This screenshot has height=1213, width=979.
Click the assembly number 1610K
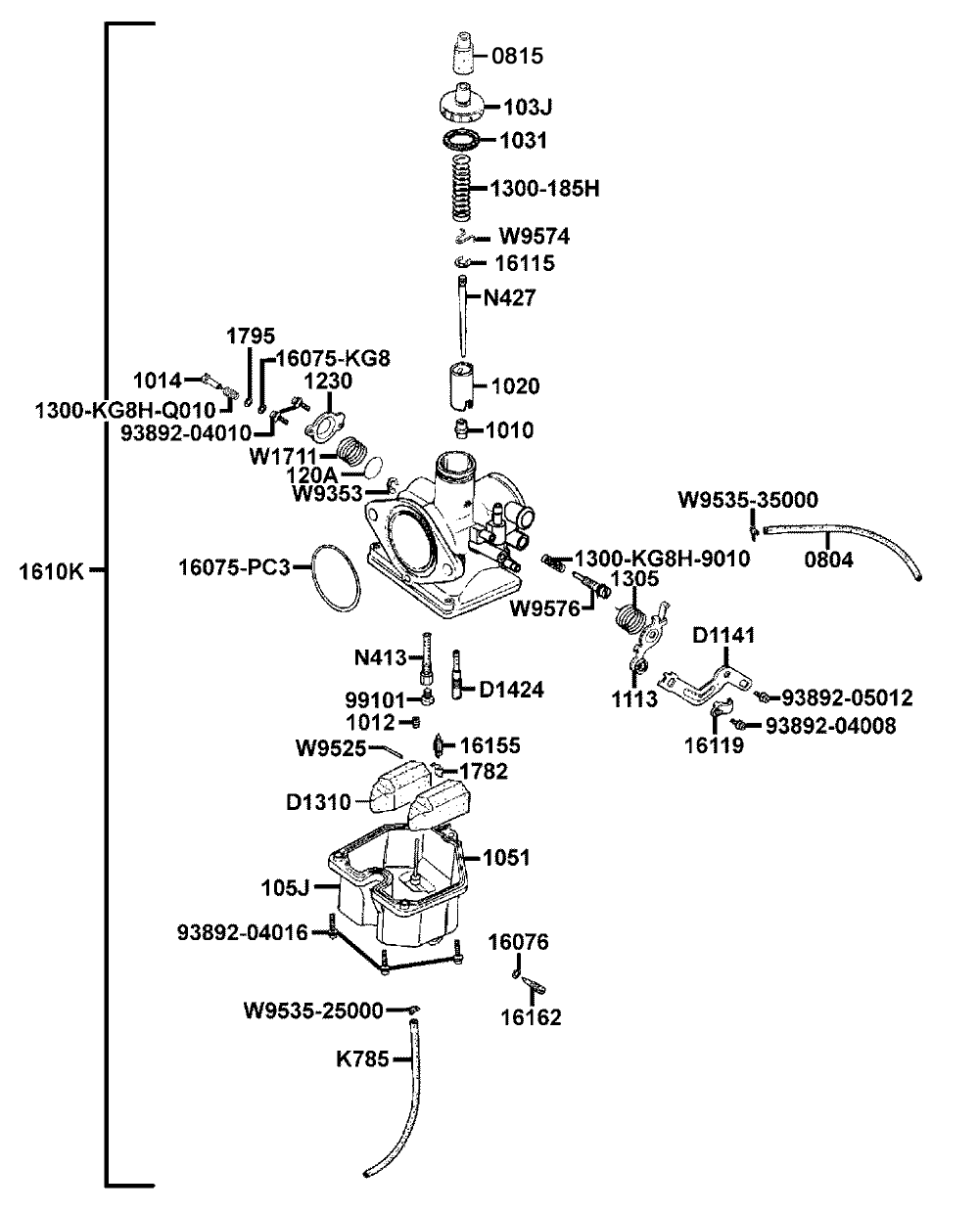52,571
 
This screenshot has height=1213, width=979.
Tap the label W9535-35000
748,500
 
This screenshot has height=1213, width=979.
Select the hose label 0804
829,560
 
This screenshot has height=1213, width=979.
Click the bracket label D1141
723,636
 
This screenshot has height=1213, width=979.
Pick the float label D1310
318,802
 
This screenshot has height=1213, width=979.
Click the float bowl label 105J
286,888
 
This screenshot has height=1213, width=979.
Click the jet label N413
382,656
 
